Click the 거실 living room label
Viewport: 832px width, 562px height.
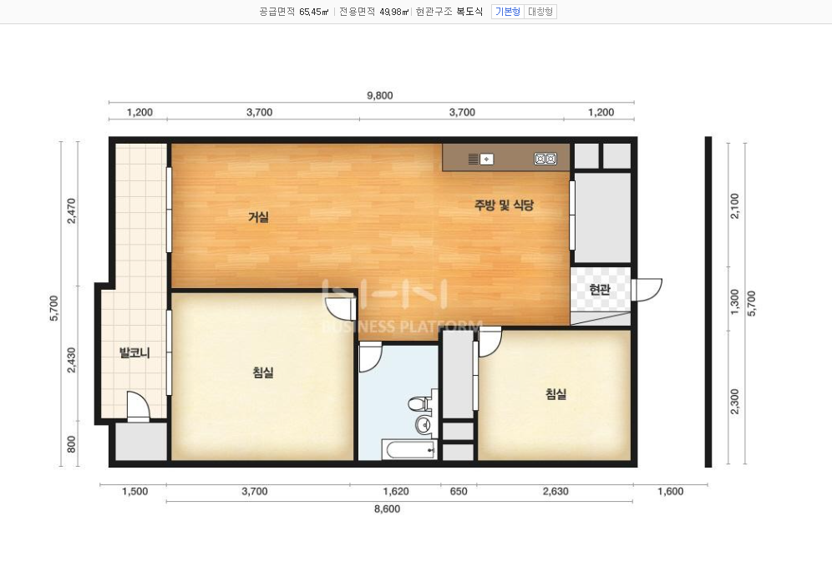258,217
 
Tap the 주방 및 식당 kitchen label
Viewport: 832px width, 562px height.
504,205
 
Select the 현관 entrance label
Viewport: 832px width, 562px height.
600,290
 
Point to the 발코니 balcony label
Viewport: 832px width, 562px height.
134,352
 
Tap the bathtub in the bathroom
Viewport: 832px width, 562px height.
409,450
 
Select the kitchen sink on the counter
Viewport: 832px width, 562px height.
481,159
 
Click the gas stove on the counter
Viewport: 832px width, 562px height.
545,159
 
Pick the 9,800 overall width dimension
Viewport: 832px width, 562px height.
380,95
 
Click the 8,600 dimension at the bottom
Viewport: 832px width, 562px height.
388,509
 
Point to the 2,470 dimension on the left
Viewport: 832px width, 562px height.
72,210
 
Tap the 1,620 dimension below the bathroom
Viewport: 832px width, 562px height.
396,492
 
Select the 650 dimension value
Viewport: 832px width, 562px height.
459,492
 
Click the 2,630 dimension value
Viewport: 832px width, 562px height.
556,492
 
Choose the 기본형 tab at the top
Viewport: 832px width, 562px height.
508,12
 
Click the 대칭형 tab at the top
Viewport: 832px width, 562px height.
540,12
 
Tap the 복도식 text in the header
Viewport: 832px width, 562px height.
469,12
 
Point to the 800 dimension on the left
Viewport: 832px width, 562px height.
72,444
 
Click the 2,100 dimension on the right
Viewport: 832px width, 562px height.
734,205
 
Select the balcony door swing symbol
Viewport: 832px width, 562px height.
138,407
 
